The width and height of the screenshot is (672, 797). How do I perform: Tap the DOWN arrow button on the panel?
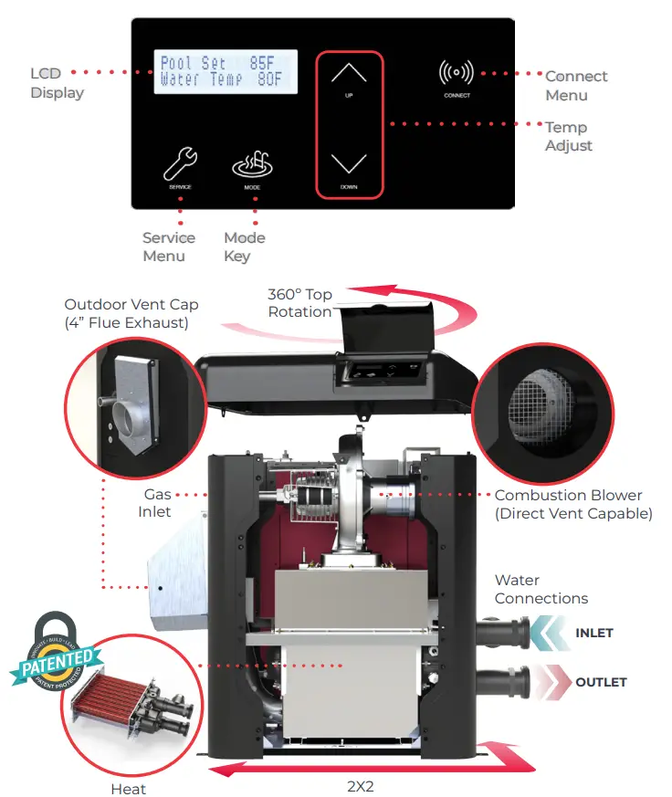[x=349, y=164]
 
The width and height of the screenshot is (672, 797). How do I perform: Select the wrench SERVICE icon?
[x=180, y=165]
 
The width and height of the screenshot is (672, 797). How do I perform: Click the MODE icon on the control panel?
[x=252, y=165]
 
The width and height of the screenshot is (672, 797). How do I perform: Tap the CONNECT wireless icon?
[x=457, y=73]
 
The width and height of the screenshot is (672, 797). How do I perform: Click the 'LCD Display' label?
[x=57, y=83]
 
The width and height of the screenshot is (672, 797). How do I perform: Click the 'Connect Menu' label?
[x=575, y=86]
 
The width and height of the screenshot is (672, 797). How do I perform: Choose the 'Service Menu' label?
[x=168, y=246]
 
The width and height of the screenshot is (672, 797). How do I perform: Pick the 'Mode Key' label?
[x=244, y=246]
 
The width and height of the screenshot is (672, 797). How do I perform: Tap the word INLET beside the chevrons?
[x=593, y=633]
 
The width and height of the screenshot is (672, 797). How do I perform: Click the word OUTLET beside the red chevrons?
[x=600, y=682]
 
